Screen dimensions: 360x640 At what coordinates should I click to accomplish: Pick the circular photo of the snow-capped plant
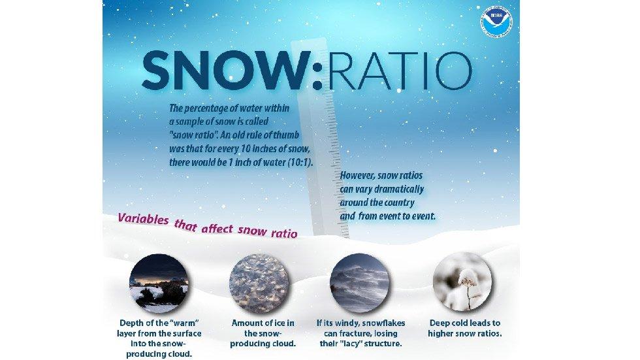tap(463, 282)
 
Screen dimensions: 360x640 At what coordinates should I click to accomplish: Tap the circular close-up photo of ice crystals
tap(259, 282)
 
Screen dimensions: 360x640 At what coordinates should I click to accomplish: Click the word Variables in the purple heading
tap(142, 220)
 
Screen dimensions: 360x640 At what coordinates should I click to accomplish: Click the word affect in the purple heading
tap(218, 229)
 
